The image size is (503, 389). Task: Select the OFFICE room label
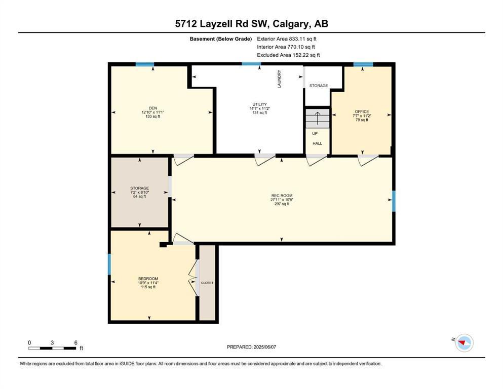(362, 111)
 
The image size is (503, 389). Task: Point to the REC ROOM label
(282, 196)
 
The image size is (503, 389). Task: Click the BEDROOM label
(148, 279)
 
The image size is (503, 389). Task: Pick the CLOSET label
(207, 283)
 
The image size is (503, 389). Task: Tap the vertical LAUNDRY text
(279, 79)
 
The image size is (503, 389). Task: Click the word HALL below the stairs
(317, 143)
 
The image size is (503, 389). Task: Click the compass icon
(463, 343)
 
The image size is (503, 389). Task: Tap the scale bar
(53, 348)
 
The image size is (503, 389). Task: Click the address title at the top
(251, 24)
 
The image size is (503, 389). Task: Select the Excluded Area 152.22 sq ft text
(288, 55)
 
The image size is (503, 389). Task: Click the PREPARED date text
(251, 347)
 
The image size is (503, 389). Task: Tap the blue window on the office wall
(363, 64)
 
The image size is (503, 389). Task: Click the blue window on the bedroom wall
(109, 264)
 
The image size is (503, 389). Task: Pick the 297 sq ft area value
(282, 204)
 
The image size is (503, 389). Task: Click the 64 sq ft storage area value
(139, 197)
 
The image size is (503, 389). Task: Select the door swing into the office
(368, 160)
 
